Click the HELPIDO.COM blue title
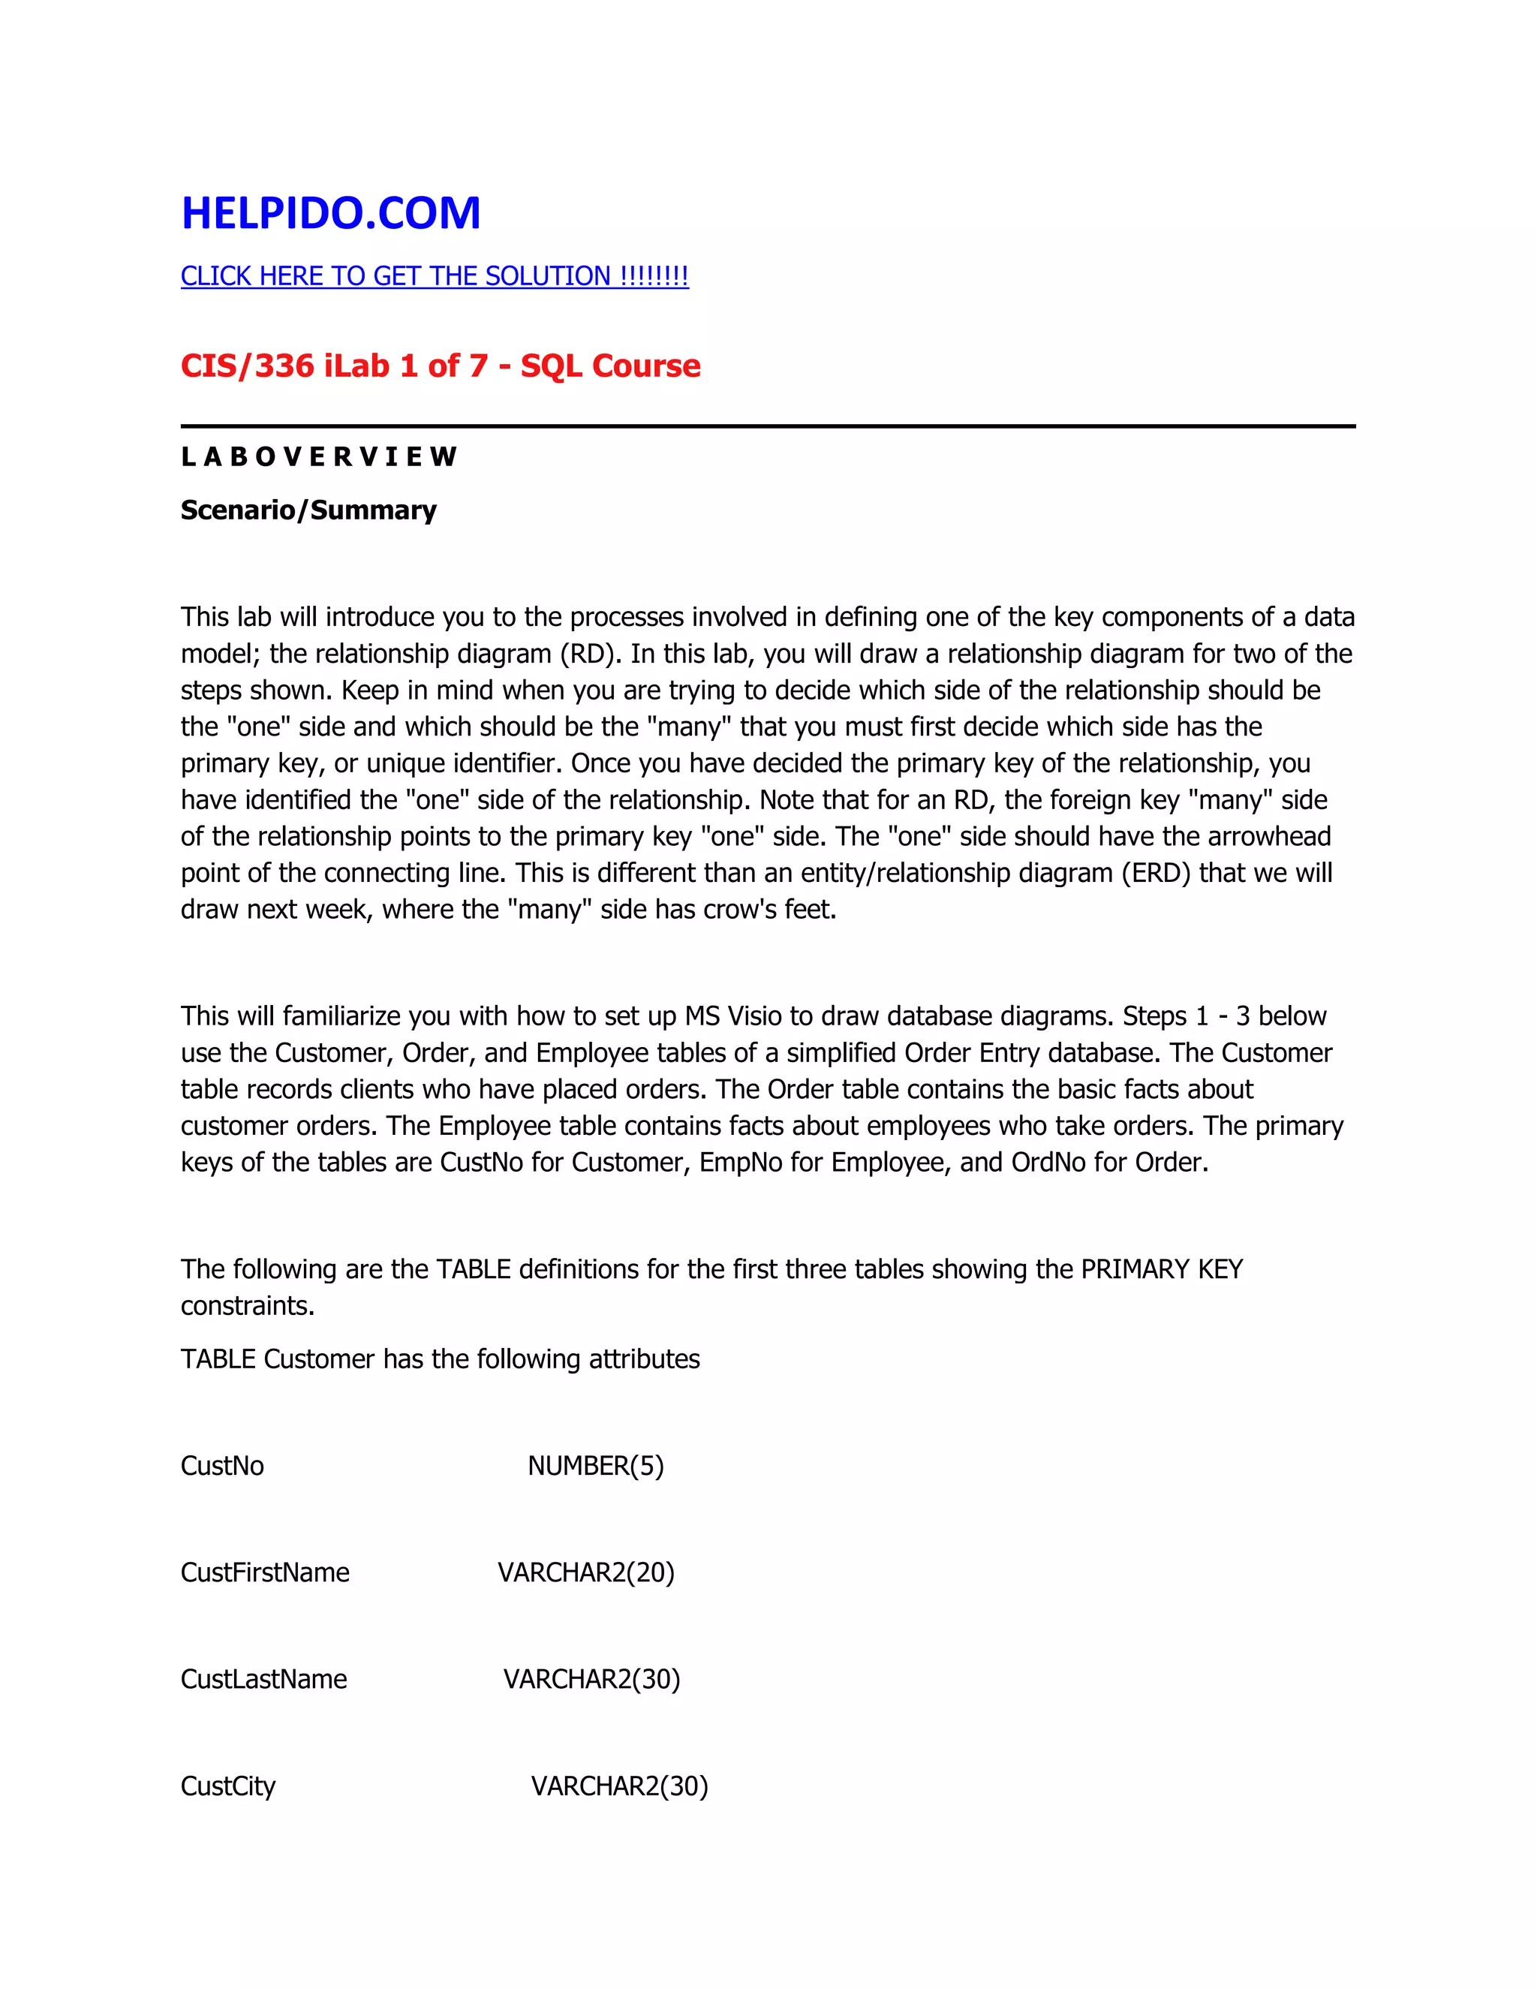(x=330, y=213)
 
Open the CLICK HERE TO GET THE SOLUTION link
(x=435, y=276)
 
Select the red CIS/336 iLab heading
(x=441, y=366)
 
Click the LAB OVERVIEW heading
(x=319, y=456)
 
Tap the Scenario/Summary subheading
(x=308, y=510)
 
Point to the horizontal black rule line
(x=768, y=426)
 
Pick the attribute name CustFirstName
(x=265, y=1572)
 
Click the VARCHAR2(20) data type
(x=585, y=1572)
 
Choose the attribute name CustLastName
(x=264, y=1678)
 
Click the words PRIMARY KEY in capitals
(x=1162, y=1268)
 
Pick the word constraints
(x=248, y=1306)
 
